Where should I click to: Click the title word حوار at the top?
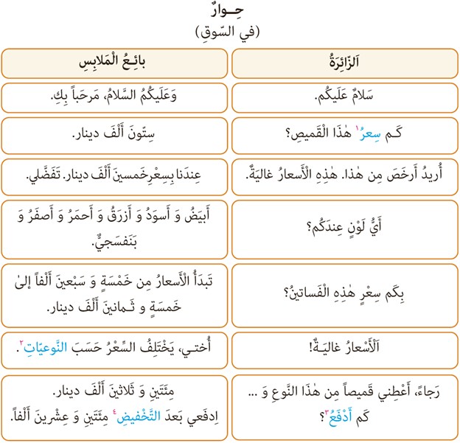tap(229, 14)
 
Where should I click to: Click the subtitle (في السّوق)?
tap(229, 32)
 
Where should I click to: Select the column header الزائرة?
tap(342, 63)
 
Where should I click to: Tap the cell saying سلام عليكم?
tap(342, 97)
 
